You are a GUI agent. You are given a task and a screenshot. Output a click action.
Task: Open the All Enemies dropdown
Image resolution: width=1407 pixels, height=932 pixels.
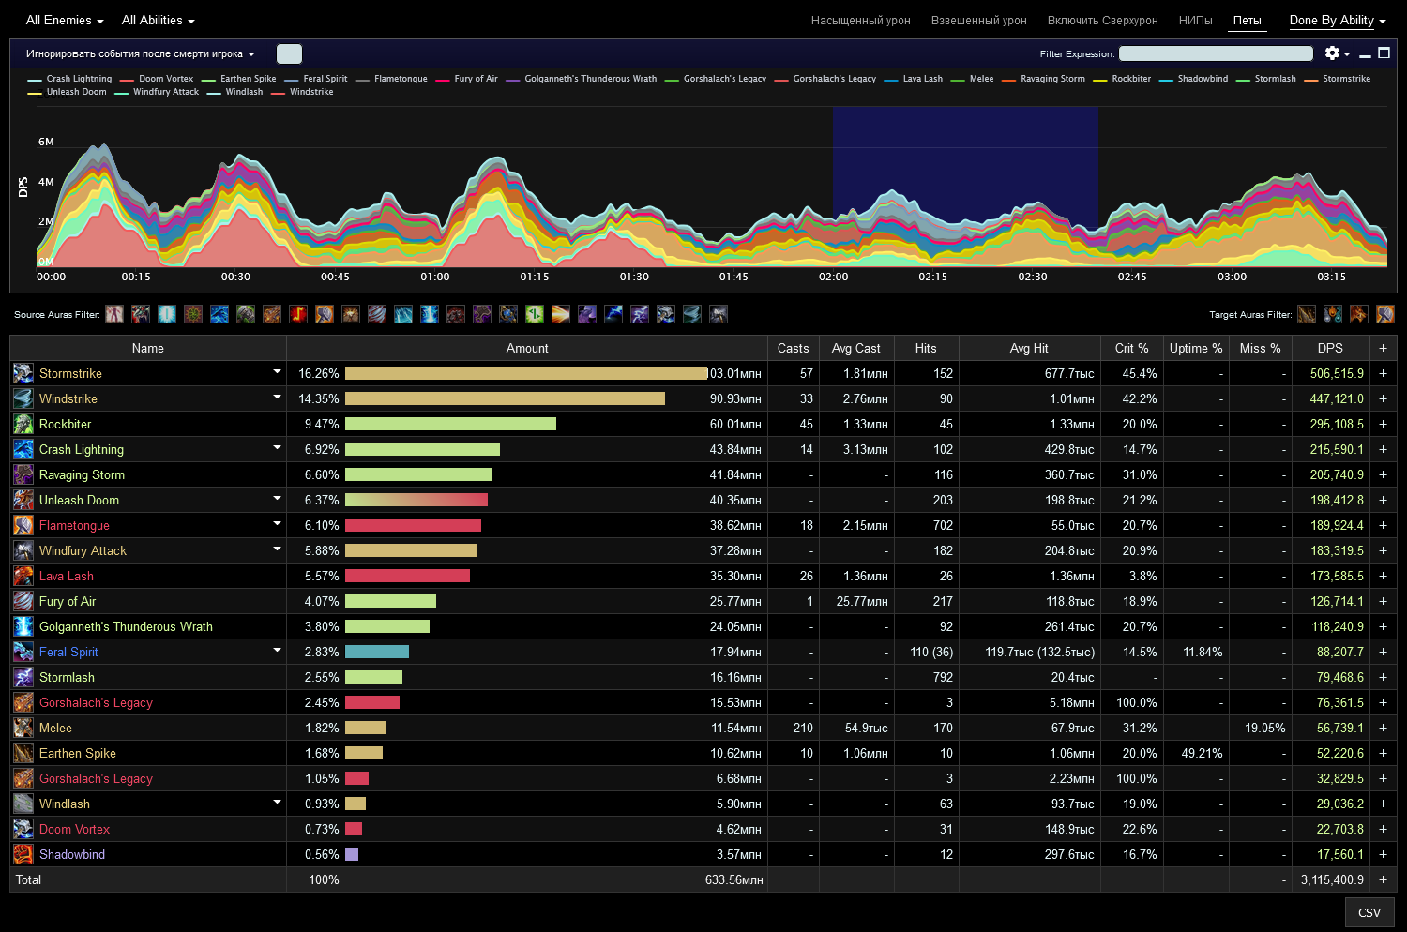pyautogui.click(x=64, y=20)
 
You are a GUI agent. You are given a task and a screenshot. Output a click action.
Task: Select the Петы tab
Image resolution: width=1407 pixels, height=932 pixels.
pyautogui.click(x=1247, y=21)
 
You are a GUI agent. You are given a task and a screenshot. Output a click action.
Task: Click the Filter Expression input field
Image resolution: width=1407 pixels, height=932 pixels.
pyautogui.click(x=1216, y=53)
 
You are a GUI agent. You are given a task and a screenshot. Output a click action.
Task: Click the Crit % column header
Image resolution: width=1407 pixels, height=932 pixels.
pyautogui.click(x=1131, y=348)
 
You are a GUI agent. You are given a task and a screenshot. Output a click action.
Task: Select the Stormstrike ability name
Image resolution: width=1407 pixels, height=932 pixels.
pyautogui.click(x=70, y=373)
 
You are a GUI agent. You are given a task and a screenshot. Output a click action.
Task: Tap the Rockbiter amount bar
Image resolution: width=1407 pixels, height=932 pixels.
pyautogui.click(x=450, y=424)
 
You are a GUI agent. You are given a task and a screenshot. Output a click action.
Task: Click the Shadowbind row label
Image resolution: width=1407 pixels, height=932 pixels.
pyautogui.click(x=72, y=854)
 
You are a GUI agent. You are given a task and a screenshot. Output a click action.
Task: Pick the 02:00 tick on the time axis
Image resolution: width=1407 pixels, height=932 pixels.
pyautogui.click(x=833, y=277)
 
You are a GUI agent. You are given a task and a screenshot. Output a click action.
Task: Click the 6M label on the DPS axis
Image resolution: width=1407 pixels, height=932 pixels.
pyautogui.click(x=46, y=142)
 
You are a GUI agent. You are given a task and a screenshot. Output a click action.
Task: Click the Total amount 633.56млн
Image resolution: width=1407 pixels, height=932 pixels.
pyautogui.click(x=734, y=879)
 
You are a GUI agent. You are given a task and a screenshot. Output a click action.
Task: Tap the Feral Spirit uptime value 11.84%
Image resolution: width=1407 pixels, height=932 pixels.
pyautogui.click(x=1203, y=652)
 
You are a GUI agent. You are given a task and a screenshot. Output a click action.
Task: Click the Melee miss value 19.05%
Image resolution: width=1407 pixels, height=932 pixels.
pyautogui.click(x=1264, y=728)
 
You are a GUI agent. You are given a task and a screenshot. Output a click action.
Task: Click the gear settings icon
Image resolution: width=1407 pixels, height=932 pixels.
pyautogui.click(x=1331, y=53)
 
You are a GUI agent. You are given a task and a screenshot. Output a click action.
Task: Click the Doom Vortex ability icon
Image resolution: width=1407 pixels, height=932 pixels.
pyautogui.click(x=23, y=829)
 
